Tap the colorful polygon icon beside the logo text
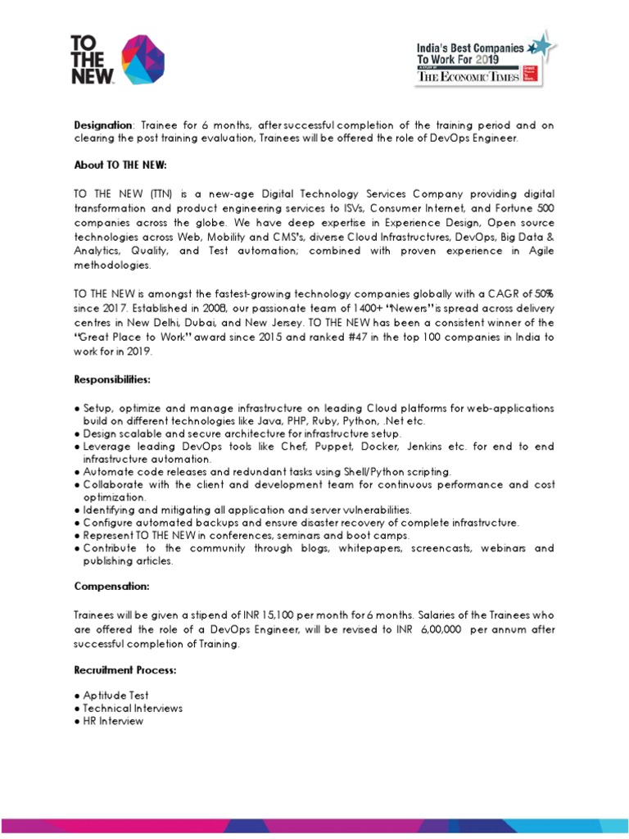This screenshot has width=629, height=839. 143,60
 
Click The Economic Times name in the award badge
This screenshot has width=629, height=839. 468,76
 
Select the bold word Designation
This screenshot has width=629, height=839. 102,125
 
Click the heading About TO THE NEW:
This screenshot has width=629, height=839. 120,165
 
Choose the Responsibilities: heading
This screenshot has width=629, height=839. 112,381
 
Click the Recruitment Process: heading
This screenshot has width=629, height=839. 125,670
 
